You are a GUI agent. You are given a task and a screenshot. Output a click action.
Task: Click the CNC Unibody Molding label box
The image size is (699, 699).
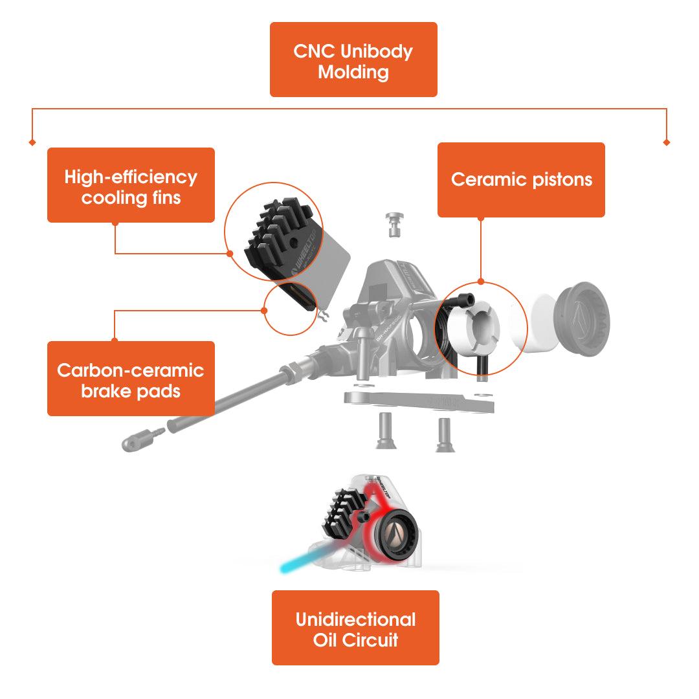pyautogui.click(x=353, y=60)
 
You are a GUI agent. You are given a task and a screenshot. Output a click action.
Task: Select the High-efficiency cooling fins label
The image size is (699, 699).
pyautogui.click(x=131, y=186)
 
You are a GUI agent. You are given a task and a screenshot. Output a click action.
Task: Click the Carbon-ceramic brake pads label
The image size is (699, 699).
pyautogui.click(x=131, y=380)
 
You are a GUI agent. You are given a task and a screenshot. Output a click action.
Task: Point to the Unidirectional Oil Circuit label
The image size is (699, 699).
pyautogui.click(x=355, y=628)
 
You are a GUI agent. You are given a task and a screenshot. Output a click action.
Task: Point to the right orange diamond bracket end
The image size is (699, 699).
pyautogui.click(x=667, y=142)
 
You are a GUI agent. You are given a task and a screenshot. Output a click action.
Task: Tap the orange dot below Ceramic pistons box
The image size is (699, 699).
pyautogui.click(x=480, y=282)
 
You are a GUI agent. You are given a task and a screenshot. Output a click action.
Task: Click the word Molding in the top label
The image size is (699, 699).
pyautogui.click(x=353, y=72)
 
